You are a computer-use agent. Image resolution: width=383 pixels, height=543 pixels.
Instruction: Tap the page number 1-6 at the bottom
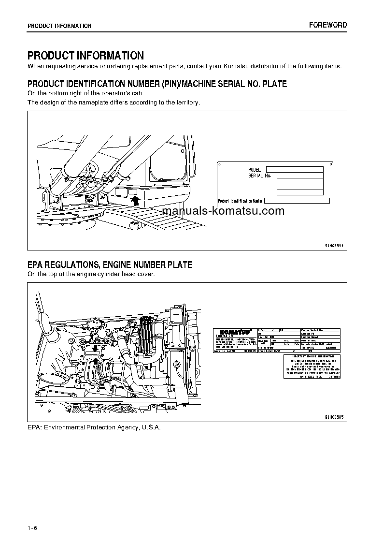[x=32, y=528]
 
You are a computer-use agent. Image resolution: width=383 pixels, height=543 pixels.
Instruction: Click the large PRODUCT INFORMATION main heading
[x=85, y=56]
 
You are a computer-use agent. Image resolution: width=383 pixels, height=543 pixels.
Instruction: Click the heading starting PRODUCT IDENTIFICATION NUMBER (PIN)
[x=157, y=84]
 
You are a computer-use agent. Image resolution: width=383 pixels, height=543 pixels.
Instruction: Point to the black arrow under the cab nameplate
[x=136, y=199]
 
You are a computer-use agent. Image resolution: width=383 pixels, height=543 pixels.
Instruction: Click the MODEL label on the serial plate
[x=255, y=170]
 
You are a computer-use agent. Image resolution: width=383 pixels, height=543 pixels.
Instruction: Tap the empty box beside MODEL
[x=294, y=170]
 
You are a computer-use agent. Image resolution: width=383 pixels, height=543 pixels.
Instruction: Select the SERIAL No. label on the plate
[x=259, y=176]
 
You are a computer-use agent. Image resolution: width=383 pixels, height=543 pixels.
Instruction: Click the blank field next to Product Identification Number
[x=297, y=201]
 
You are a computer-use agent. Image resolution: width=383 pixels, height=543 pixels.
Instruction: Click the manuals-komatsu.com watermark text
[x=223, y=211]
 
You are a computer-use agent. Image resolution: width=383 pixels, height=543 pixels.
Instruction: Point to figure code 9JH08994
[x=333, y=245]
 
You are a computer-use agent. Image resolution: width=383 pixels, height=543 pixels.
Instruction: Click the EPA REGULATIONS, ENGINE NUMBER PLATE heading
[x=110, y=264]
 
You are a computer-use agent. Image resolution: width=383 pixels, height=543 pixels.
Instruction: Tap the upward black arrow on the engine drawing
[x=96, y=360]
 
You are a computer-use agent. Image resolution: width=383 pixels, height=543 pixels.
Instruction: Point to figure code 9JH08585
[x=333, y=417]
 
